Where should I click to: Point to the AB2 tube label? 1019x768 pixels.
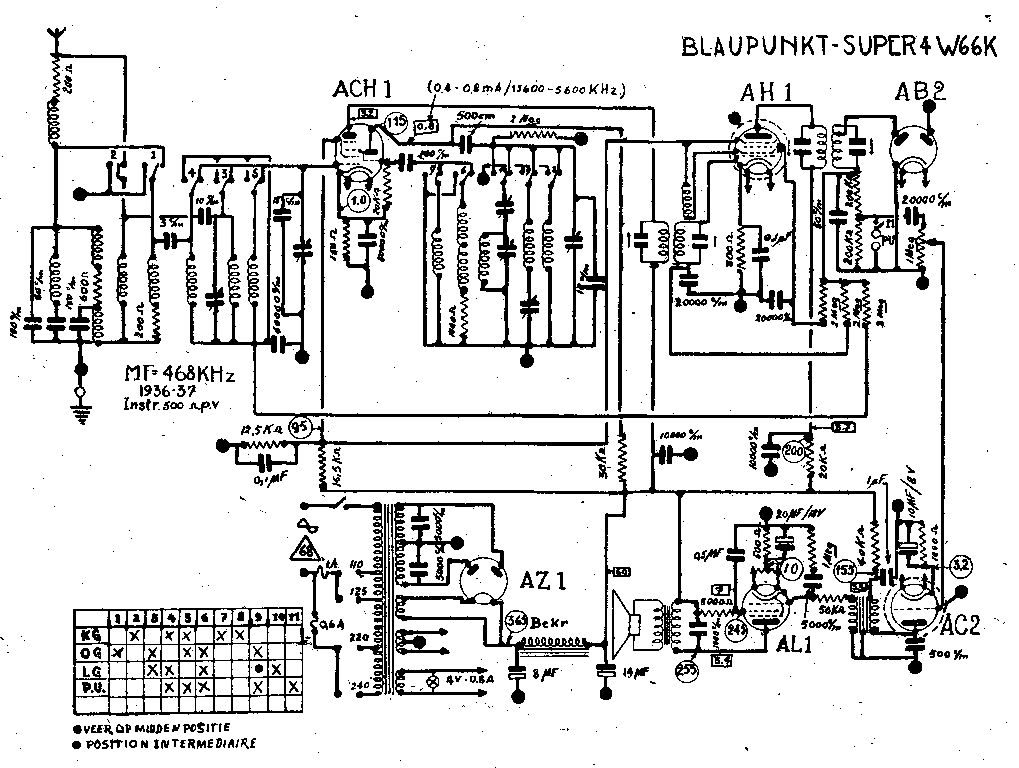[x=920, y=92]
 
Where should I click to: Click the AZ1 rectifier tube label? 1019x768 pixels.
[x=543, y=582]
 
